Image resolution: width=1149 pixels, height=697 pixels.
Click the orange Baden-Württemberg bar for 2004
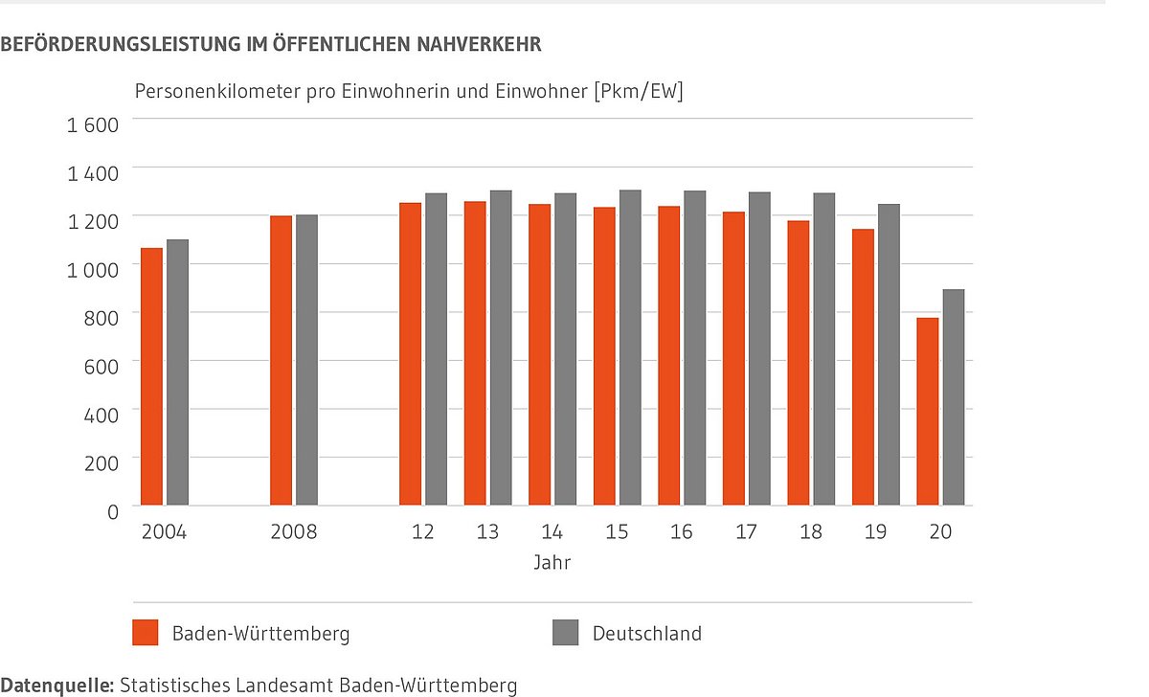coord(151,376)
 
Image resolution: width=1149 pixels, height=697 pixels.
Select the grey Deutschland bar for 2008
coord(306,360)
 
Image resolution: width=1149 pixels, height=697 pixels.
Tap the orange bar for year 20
coord(927,412)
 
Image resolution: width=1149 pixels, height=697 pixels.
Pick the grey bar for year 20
coord(953,397)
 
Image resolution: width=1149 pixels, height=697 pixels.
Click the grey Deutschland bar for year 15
coord(629,348)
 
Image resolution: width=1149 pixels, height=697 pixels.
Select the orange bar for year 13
coord(475,353)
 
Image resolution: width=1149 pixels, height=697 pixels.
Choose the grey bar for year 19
coord(888,354)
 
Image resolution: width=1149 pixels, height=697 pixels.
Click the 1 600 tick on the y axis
coord(92,124)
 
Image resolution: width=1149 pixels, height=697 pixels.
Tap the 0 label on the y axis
coord(112,511)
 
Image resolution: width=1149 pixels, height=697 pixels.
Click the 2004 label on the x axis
coord(164,532)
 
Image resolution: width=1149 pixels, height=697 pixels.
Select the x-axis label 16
coord(681,532)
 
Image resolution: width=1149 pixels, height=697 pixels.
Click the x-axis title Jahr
coord(552,563)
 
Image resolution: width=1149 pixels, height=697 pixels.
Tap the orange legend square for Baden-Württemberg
coord(146,633)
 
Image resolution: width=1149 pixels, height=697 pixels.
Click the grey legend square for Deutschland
coord(566,633)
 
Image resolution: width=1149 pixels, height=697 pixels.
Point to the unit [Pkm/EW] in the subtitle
coord(638,92)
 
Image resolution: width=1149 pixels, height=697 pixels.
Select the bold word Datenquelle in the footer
coord(56,686)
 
